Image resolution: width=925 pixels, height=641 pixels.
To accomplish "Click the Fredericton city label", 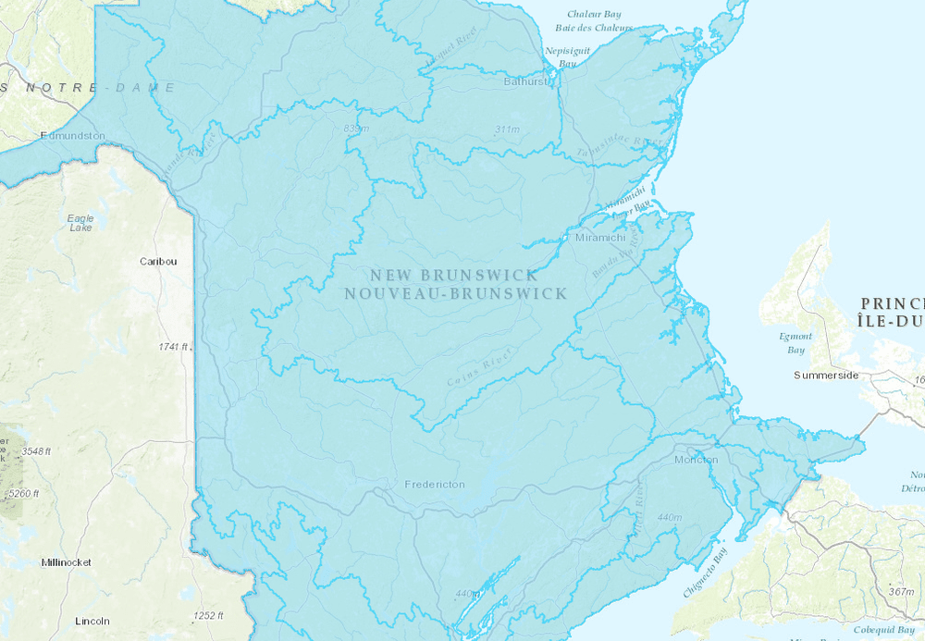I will coord(435,485).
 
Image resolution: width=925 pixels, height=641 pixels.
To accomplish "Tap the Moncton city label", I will coord(696,460).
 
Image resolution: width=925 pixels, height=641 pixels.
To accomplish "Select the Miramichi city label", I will coord(599,238).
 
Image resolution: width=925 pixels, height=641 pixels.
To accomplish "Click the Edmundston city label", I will coord(73,136).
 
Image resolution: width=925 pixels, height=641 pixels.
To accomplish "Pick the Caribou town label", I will coord(158,262).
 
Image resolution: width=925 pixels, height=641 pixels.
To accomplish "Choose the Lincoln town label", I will coord(92,621).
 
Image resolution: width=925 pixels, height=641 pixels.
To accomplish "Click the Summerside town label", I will coord(827,376).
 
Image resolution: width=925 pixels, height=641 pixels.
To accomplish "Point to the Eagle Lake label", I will coord(80,223).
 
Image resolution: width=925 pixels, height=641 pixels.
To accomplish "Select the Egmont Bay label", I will coord(795,343).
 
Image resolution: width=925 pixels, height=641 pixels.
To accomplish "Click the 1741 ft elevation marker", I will coord(174,347).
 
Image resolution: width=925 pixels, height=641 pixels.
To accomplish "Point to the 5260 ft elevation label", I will coord(23,494).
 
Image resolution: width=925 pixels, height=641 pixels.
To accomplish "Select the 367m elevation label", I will coord(901,592).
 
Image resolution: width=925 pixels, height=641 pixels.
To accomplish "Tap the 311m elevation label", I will coord(508,129).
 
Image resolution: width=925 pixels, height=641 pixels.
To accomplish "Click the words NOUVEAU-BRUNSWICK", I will coord(454,293).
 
